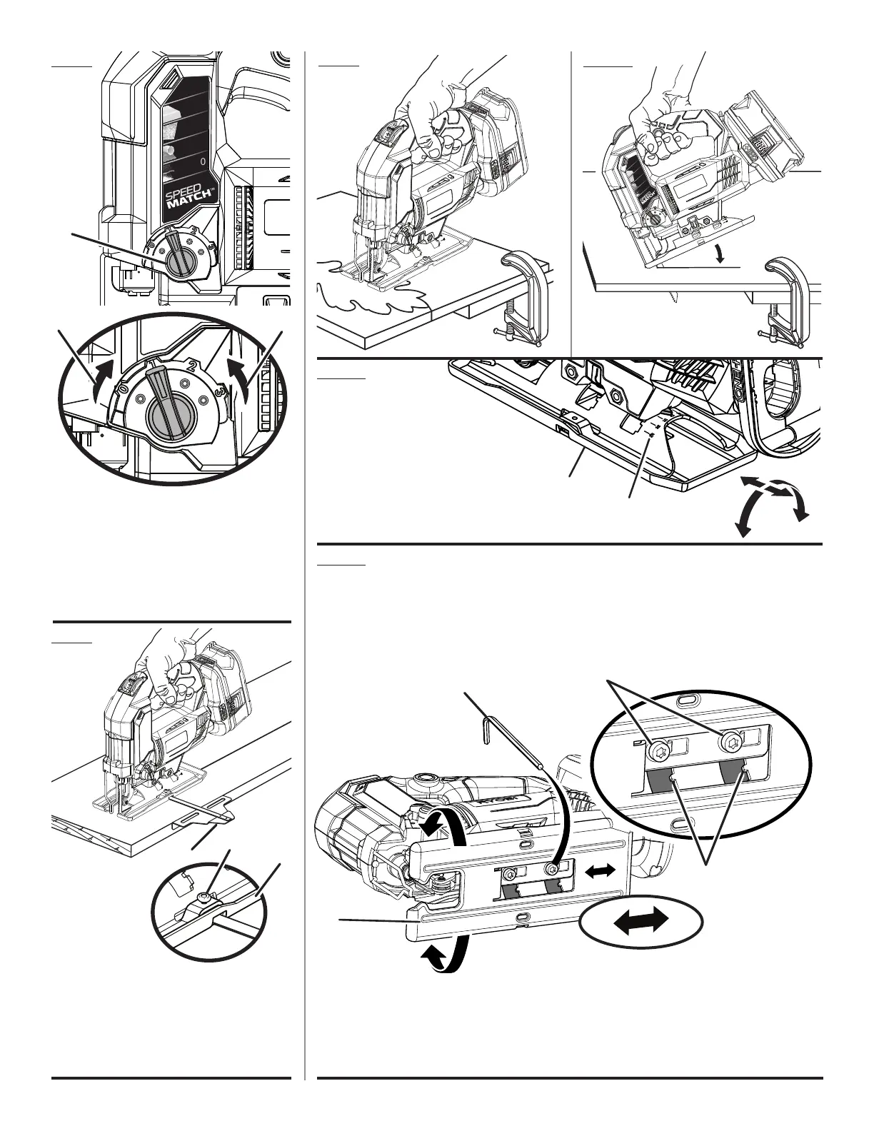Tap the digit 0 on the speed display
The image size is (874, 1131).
(203, 162)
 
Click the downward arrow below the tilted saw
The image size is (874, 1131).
(722, 255)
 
